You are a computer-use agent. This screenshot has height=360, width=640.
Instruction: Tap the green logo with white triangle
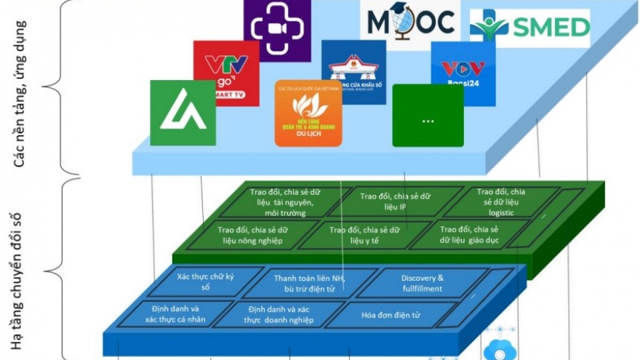click(183, 112)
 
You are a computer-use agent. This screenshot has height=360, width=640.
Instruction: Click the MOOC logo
click(410, 23)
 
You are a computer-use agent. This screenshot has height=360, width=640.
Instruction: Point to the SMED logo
click(529, 28)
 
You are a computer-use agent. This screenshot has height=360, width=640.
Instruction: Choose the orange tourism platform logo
click(308, 113)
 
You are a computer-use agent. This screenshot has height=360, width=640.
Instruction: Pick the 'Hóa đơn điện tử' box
click(398, 316)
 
